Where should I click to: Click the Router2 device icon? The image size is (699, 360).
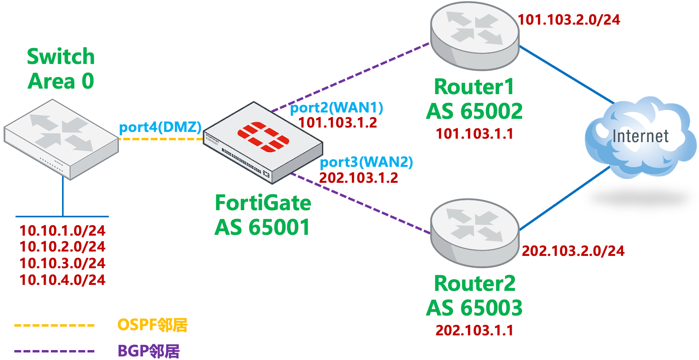tap(475, 233)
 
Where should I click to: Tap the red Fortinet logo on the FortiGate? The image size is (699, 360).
tap(263, 137)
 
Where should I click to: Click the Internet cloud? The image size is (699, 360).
tap(640, 137)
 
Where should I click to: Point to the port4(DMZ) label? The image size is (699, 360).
tap(160, 127)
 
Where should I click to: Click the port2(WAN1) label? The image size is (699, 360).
tap(336, 108)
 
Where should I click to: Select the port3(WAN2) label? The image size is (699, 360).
tap(366, 162)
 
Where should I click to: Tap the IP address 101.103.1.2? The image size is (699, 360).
tap(338, 123)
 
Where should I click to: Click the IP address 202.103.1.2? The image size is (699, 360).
tap(358, 178)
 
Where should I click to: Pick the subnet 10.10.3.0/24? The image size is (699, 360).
tap(62, 263)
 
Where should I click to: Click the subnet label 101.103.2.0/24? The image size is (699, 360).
tap(569, 20)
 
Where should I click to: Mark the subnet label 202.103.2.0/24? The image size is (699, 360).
tap(573, 251)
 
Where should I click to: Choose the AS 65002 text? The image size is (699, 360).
tap(474, 111)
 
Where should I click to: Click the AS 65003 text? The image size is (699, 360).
tap(474, 308)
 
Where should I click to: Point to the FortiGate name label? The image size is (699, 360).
tap(263, 203)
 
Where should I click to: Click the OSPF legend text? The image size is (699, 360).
tap(152, 325)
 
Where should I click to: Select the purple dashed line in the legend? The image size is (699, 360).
tap(54, 351)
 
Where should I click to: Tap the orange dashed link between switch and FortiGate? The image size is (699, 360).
tap(161, 139)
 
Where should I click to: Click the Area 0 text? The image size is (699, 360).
tap(60, 81)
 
